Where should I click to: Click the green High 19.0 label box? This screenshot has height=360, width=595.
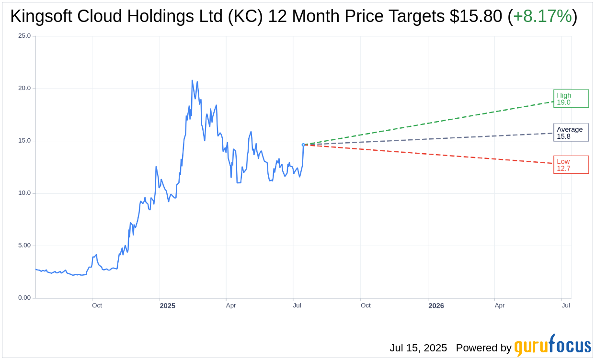[x=571, y=99]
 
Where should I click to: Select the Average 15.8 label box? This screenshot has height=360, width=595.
[x=571, y=133]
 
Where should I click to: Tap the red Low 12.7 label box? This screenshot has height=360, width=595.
[x=571, y=165]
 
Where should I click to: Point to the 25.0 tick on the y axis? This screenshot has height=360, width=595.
[x=24, y=36]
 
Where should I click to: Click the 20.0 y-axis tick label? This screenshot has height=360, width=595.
[x=24, y=88]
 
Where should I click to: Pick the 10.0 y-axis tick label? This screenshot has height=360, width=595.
[x=24, y=193]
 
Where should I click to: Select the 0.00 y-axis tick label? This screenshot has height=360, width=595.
[x=24, y=298]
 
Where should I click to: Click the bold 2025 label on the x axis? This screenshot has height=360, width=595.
[x=168, y=306]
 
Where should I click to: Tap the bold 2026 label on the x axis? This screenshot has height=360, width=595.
[x=436, y=306]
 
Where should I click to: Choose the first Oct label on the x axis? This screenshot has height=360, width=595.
[x=97, y=305]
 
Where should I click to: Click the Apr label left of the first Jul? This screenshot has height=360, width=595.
[x=231, y=305]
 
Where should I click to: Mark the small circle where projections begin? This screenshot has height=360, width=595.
[x=303, y=145]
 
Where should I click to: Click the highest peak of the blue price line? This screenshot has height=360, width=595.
[x=192, y=81]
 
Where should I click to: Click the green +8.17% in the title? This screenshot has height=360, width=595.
[x=542, y=17]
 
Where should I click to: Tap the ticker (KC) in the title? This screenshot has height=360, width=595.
[x=245, y=17]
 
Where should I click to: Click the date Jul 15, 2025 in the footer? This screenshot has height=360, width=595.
[x=418, y=348]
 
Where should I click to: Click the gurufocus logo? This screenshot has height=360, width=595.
[x=552, y=346]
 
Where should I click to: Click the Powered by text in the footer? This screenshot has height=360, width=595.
[x=483, y=348]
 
